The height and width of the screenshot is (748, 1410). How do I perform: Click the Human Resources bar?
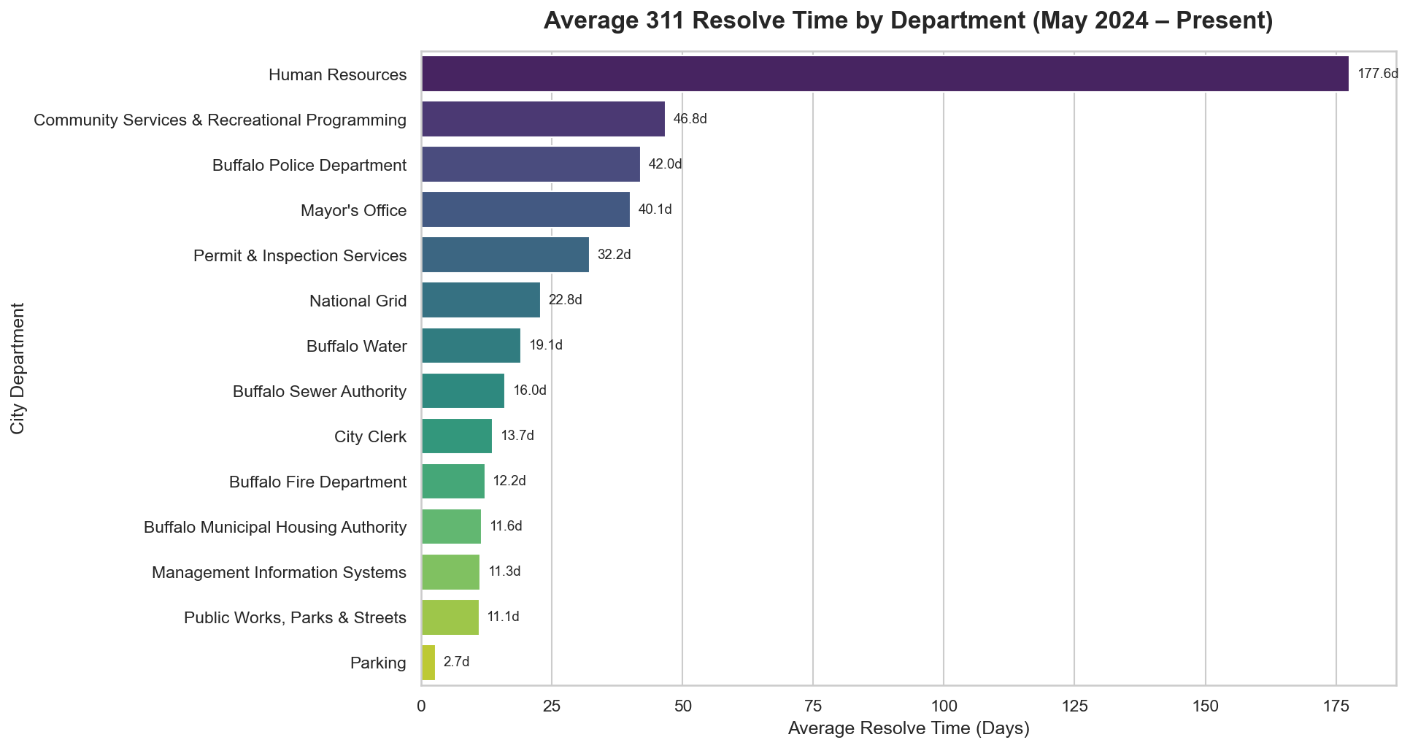pos(885,74)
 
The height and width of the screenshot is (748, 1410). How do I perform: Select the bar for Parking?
pos(428,663)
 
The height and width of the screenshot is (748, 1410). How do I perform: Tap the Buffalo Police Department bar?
pos(531,164)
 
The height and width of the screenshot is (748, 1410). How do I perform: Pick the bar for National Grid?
pos(481,300)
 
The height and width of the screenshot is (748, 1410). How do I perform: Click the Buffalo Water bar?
pos(471,345)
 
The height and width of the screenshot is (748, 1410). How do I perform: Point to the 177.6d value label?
pos(1377,74)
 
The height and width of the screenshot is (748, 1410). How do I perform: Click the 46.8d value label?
pos(690,119)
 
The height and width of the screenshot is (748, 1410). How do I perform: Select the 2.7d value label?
pos(456,663)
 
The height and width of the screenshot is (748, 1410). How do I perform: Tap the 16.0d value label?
pos(530,390)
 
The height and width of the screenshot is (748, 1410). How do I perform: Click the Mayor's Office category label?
pos(353,211)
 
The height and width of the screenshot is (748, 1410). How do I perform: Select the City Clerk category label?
pos(370,437)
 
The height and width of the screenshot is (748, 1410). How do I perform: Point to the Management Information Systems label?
pos(279,573)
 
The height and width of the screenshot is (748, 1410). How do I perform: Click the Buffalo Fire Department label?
pos(317,482)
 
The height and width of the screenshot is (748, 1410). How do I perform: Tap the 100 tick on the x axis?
pos(943,706)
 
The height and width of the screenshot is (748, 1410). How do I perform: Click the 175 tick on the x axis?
pos(1336,706)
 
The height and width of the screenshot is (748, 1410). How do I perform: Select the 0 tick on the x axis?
pos(421,706)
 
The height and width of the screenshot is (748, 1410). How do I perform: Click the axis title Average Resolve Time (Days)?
pos(909,728)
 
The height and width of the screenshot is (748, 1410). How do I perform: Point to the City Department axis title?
pos(18,369)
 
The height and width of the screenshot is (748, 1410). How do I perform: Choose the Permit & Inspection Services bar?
pos(505,255)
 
